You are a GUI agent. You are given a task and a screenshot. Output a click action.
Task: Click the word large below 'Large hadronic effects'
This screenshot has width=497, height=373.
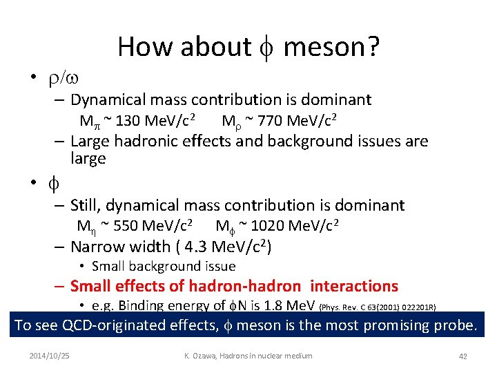[88, 158]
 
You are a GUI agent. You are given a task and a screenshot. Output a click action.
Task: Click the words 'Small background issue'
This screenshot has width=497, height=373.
[164, 266]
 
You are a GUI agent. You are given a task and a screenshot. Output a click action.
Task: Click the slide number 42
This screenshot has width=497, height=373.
[464, 356]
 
